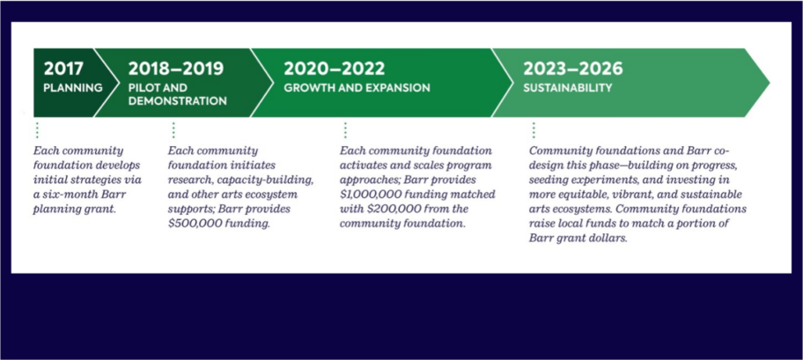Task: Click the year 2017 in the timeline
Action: [x=63, y=69]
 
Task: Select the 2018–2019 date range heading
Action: [x=176, y=69]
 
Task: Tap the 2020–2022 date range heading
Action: [x=334, y=69]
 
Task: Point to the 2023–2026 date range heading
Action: [x=573, y=69]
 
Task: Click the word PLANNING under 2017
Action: [x=73, y=88]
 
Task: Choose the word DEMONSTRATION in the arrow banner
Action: [x=177, y=101]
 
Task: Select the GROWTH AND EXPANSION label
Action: [x=357, y=88]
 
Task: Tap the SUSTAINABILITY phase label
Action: [x=567, y=88]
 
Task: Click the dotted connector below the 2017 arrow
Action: [x=37, y=130]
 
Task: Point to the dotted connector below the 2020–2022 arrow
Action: [x=345, y=130]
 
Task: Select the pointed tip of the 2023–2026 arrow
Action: [x=770, y=83]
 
